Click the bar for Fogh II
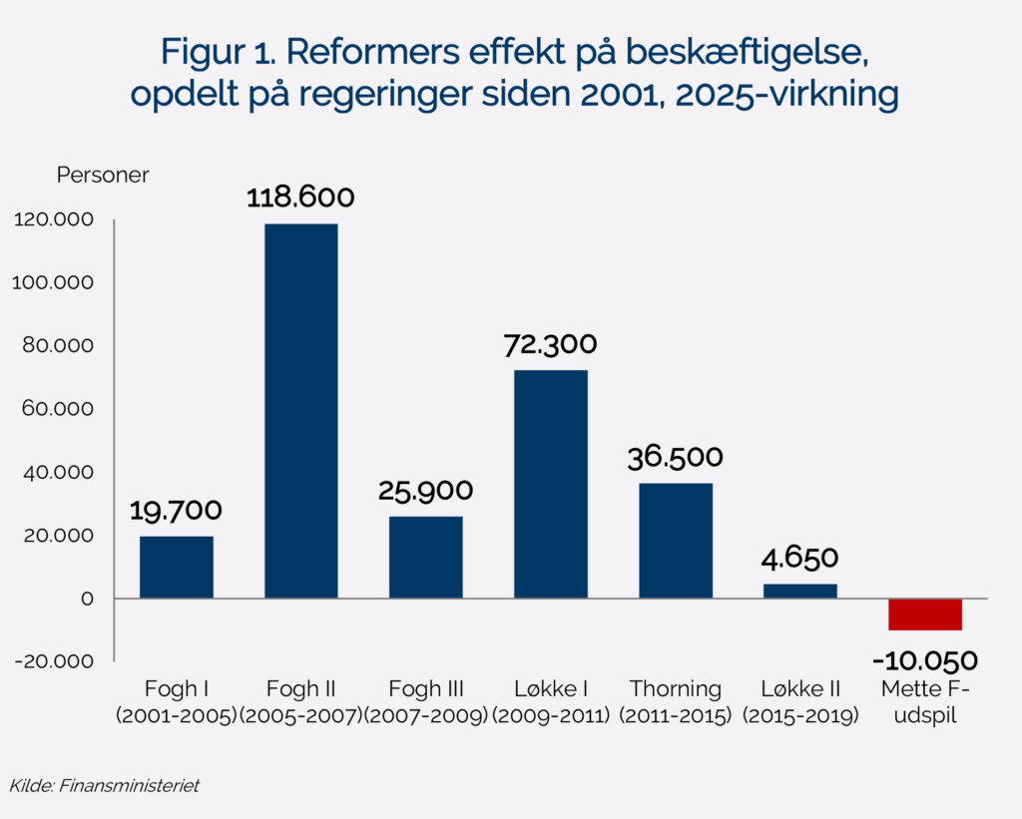pos(300,411)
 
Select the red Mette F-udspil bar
pos(925,614)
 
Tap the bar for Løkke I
pos(551,484)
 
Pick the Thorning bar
pos(676,541)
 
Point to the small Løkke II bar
pos(800,591)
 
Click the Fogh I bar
pos(177,567)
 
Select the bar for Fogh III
pos(426,557)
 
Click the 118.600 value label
pos(300,198)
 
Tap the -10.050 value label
pos(924,660)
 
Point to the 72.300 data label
pos(551,345)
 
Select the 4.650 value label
pos(800,558)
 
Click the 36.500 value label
pos(676,458)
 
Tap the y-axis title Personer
pos(102,176)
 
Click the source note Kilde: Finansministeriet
pos(104,785)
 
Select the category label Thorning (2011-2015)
pos(676,702)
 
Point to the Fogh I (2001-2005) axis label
pos(177,702)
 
